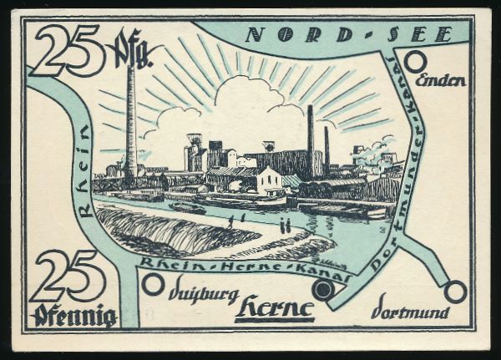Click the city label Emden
click(440, 81)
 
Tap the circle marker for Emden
click(416, 61)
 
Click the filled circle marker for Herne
click(323, 289)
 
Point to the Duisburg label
click(204, 295)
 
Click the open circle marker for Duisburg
click(153, 284)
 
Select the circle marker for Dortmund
click(455, 292)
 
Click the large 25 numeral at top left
click(68, 50)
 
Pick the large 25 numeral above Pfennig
click(71, 276)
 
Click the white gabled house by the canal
click(269, 180)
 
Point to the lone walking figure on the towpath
click(230, 223)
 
